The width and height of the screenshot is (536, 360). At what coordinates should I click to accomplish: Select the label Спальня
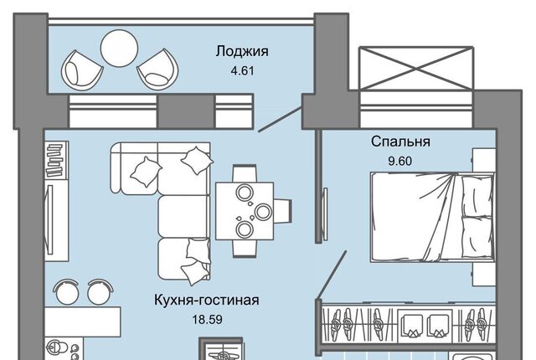[x=400, y=141]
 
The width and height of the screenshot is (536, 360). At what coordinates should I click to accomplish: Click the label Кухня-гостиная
[x=206, y=300]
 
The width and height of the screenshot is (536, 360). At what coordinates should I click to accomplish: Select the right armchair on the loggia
[x=156, y=67]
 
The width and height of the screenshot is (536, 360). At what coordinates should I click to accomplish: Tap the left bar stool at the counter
[x=64, y=292]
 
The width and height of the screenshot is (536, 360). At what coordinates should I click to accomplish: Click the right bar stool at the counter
[x=98, y=292]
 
